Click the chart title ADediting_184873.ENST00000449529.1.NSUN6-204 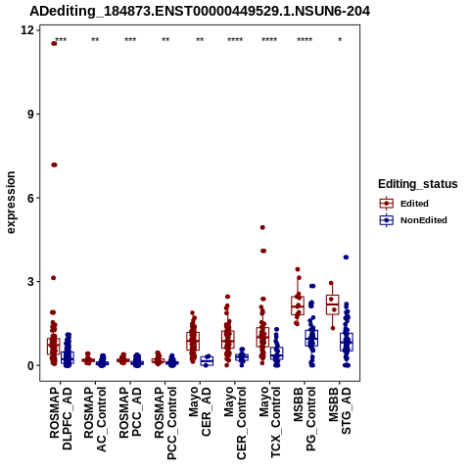(x=200, y=12)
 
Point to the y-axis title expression (x=11, y=203)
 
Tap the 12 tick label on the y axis (x=27, y=30)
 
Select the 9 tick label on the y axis (x=30, y=114)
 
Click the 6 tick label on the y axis (x=30, y=198)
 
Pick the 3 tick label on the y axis (x=30, y=281)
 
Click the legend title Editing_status (x=418, y=184)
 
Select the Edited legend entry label (x=414, y=204)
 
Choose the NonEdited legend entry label (x=424, y=220)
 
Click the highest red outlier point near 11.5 (x=54, y=44)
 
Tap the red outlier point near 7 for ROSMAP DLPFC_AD (x=54, y=164)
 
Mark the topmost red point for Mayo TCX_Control (x=262, y=227)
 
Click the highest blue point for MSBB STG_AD (x=346, y=258)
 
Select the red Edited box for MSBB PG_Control (x=298, y=305)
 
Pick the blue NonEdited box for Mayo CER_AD (x=207, y=361)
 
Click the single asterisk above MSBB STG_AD (x=340, y=40)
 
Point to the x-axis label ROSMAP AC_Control (x=95, y=419)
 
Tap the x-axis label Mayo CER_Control (x=235, y=423)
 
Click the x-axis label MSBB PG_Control (x=305, y=418)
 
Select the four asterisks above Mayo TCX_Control (x=269, y=40)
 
